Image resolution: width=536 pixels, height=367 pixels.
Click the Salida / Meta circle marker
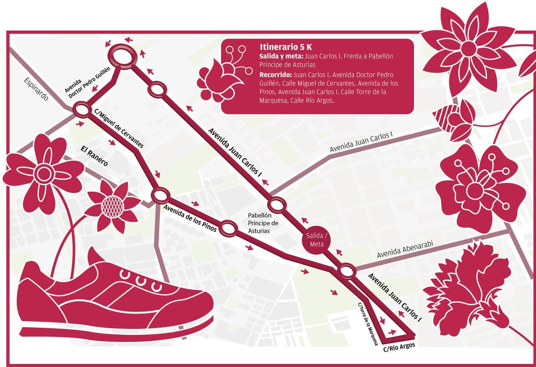(317, 240)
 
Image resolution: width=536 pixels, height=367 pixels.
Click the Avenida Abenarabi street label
(405, 250)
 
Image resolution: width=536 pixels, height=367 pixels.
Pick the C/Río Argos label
(399, 347)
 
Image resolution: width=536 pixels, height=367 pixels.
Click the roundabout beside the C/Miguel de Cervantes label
(82, 109)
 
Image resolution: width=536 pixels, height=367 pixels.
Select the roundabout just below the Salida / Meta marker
(347, 271)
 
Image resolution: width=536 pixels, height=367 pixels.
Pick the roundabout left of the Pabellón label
(228, 228)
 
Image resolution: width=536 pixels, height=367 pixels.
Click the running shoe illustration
(112, 299)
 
